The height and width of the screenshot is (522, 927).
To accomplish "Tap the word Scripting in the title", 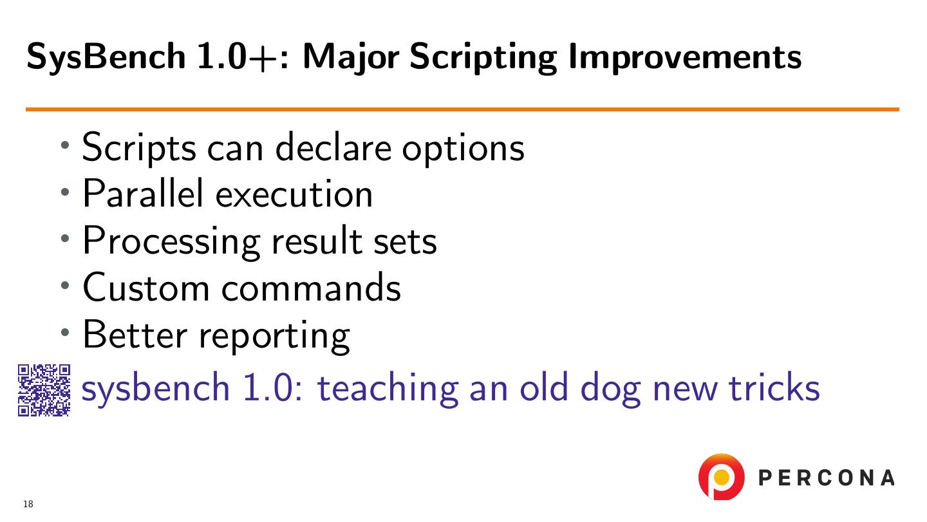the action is pos(483,58).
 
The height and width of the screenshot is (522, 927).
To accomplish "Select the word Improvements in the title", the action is pos(686,58).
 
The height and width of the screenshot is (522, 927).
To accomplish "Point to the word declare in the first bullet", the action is pos(333,147).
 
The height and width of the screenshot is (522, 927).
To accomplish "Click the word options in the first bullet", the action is pos(464,150).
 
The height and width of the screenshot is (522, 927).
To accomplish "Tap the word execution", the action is pos(294,194).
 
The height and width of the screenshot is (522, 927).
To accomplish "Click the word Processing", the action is pos(172,242).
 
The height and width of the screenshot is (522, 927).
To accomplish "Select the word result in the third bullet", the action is pos(317,240).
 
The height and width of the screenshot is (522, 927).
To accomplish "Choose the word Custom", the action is pos(146,287).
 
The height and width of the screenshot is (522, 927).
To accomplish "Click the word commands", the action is pos(311,287).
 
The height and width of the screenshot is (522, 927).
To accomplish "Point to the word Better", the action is pos(135,334).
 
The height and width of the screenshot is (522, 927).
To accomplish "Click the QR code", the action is pos(44,390).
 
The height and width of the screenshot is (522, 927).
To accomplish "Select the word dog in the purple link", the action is pos(611,389).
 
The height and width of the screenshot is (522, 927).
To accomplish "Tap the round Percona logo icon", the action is pos(721,477).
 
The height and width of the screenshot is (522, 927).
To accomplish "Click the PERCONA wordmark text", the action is pos(827,478).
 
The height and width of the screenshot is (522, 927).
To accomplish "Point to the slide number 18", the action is pos(28,504).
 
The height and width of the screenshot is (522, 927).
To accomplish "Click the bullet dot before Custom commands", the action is pos(65,285).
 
